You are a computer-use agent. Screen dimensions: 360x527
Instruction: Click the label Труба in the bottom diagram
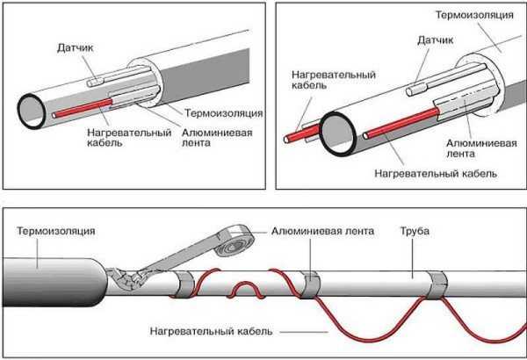click(x=415, y=232)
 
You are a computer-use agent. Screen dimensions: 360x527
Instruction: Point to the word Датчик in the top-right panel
click(x=438, y=40)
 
